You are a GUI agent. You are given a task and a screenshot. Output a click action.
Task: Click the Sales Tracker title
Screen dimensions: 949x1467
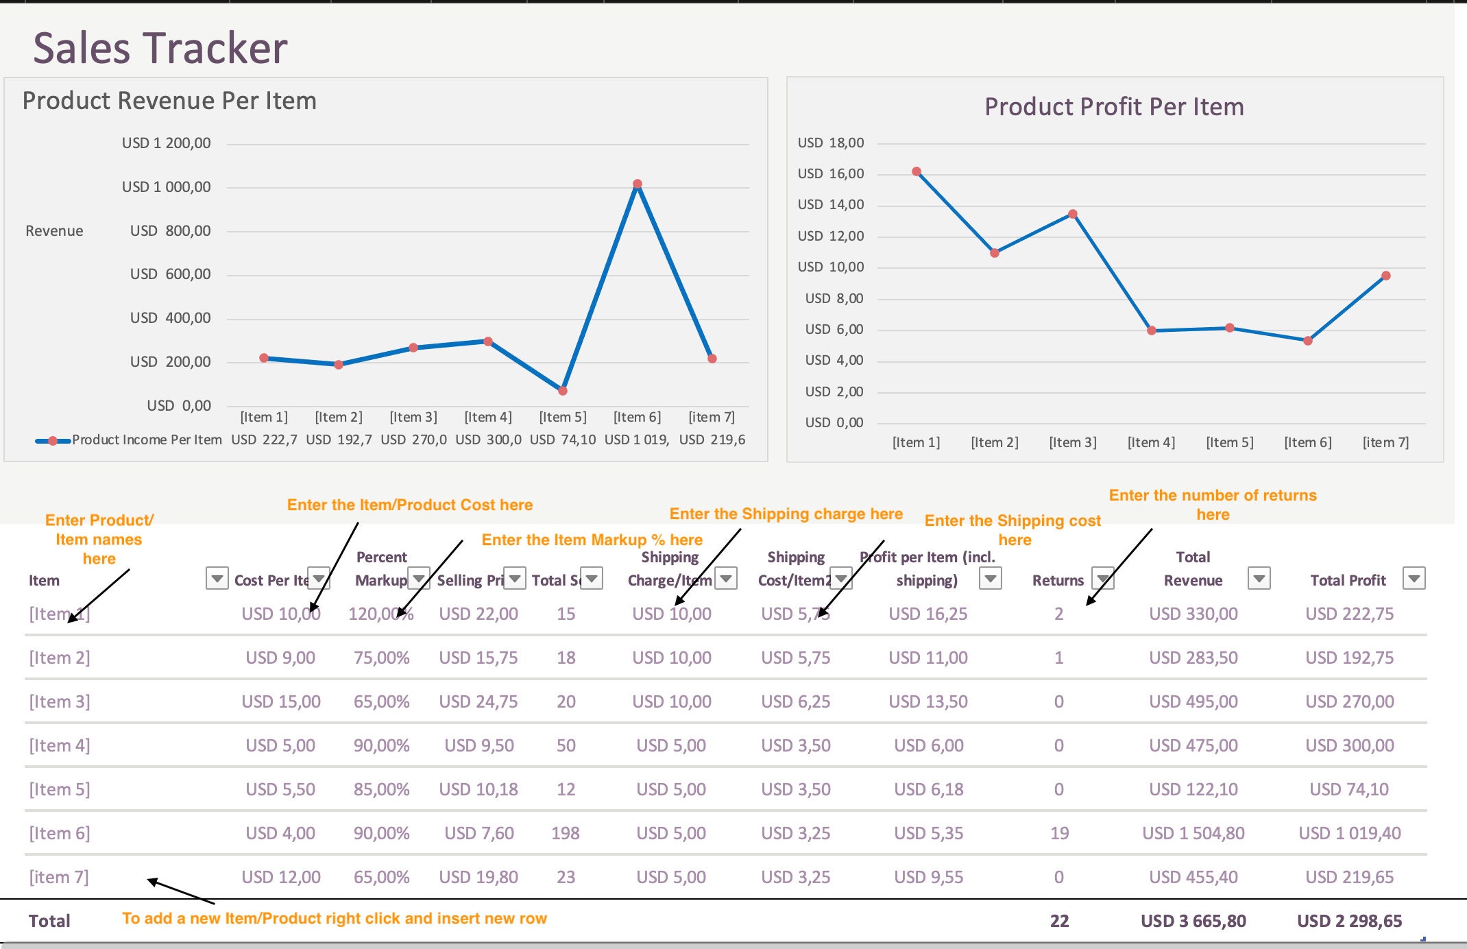160,48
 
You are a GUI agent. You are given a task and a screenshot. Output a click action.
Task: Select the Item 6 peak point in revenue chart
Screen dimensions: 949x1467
638,184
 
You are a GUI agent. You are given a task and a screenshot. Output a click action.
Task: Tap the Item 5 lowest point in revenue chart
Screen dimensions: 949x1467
563,391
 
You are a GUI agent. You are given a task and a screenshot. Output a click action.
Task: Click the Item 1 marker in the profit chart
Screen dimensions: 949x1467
917,171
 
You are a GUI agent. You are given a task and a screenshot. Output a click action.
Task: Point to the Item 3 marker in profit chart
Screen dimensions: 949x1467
1073,214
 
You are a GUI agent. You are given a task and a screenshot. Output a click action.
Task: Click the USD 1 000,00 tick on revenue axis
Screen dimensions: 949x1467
166,187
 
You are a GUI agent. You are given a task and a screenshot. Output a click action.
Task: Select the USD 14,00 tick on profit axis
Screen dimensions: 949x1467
830,204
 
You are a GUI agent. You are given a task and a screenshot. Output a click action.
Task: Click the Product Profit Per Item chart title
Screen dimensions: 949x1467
1114,107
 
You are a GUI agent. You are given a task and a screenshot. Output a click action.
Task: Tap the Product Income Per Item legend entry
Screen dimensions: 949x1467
146,440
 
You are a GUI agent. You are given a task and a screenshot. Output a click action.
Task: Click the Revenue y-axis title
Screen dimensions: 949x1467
54,231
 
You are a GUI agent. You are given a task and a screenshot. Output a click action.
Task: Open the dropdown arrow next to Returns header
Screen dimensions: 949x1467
1102,579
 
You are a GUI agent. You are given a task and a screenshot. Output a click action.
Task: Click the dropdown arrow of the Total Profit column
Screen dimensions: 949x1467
1414,579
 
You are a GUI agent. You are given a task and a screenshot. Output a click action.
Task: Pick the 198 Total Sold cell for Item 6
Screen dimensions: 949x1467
566,833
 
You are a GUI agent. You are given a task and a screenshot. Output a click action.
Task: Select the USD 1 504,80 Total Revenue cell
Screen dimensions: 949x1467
1193,833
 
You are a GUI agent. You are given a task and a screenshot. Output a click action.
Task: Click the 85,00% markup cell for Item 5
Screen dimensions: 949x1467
381,789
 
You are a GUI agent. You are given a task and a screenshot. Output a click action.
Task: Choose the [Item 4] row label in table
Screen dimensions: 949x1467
60,745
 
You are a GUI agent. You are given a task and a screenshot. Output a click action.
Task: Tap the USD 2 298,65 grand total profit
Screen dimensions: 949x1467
1349,921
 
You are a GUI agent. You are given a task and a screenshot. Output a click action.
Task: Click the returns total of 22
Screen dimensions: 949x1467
1059,921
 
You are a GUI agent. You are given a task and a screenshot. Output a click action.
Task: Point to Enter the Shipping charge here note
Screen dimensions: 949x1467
786,514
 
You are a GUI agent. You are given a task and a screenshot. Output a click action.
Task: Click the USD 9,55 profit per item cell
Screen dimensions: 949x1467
928,877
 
